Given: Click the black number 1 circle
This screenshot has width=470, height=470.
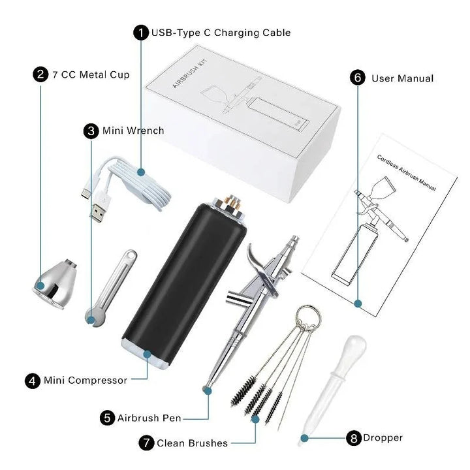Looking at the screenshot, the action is click(x=141, y=33).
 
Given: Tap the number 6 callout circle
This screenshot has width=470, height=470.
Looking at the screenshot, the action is click(x=358, y=78).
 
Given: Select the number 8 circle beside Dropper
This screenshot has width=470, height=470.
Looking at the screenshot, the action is click(x=354, y=438).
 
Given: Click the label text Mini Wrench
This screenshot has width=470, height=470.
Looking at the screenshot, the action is click(x=133, y=131).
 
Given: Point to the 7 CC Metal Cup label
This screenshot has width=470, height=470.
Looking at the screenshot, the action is click(x=91, y=74).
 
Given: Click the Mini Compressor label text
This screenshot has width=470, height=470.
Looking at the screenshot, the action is click(x=86, y=381).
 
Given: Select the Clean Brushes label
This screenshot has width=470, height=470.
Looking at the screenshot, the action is click(x=192, y=443).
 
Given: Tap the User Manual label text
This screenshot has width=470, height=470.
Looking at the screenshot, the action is click(x=403, y=78).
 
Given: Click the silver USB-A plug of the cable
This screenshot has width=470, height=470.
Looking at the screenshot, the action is click(x=97, y=213).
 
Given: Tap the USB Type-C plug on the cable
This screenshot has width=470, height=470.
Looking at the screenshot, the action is click(x=86, y=193).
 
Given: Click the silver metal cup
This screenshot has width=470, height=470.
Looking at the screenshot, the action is click(x=55, y=283).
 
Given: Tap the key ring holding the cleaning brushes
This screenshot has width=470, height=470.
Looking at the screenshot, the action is click(x=308, y=317).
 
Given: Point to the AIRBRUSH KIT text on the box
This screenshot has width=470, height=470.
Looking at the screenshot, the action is click(x=190, y=74).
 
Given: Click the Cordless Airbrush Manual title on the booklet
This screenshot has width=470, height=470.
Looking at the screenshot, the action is click(x=407, y=173).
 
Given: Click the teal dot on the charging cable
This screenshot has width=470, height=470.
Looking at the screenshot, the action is click(x=141, y=172).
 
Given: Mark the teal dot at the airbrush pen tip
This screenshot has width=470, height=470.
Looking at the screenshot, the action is click(x=208, y=390).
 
